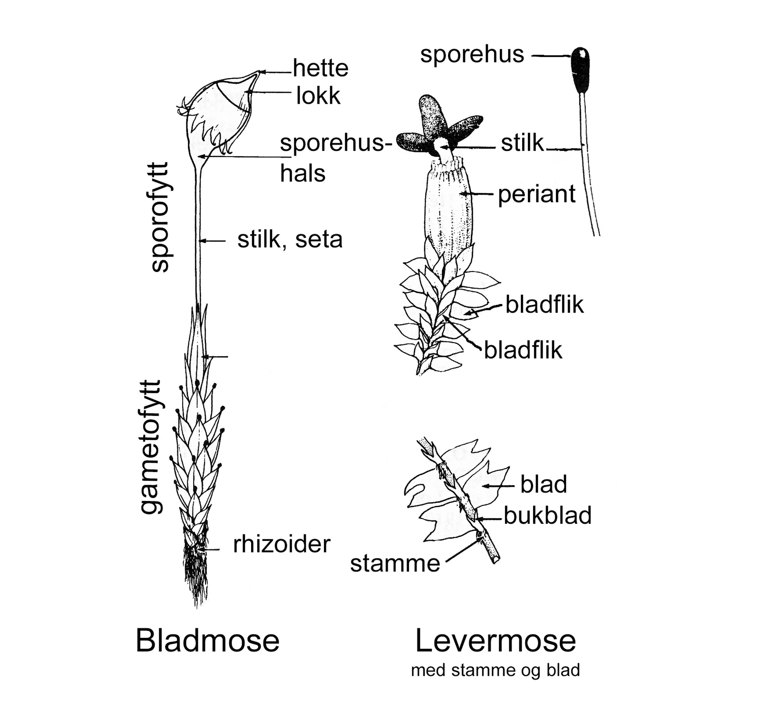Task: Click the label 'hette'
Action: tap(321, 68)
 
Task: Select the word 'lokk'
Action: tap(318, 96)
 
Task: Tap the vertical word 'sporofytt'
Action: tap(160, 217)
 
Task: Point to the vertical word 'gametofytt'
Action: tap(151, 447)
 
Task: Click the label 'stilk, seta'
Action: tap(290, 239)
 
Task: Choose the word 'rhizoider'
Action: tap(282, 544)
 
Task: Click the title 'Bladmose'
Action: tap(207, 640)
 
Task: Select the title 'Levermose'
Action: tap(495, 640)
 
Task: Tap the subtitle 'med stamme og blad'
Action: tap(495, 670)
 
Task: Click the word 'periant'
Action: tap(537, 194)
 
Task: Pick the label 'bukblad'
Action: tap(547, 516)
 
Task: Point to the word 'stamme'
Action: tap(395, 564)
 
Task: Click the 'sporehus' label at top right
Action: tap(472, 54)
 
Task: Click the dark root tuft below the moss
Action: tap(196, 571)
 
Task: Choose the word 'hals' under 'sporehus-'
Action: tap(302, 173)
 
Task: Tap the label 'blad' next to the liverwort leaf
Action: tap(543, 485)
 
